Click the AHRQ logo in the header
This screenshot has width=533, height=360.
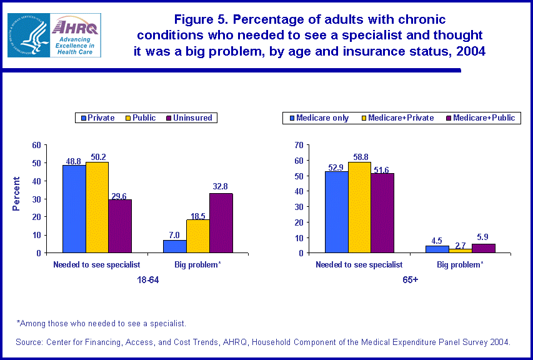(54, 35)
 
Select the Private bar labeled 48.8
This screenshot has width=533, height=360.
(74, 209)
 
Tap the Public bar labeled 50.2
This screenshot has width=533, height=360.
(97, 207)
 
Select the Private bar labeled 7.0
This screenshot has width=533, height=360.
(174, 246)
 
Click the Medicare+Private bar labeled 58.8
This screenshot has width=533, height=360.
(359, 207)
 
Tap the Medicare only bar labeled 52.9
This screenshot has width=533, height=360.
(336, 212)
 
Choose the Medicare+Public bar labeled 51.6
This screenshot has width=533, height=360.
(382, 213)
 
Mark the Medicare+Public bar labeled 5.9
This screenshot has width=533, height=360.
(483, 248)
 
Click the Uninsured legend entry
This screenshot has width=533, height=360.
(189, 117)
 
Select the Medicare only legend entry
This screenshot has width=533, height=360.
(318, 117)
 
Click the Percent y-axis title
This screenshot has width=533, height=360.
(17, 194)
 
